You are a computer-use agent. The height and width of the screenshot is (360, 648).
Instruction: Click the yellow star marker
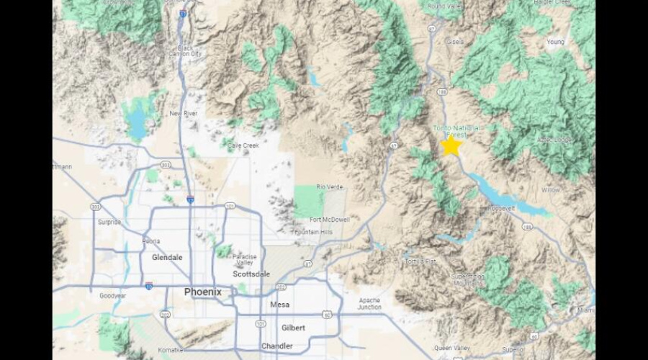(451, 145)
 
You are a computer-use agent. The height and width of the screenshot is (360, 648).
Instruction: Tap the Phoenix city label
(203, 292)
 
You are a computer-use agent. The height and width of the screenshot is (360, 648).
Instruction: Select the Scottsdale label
(251, 274)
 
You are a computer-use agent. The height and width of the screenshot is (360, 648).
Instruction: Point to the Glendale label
(168, 257)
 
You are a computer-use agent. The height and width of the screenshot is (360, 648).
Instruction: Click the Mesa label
(279, 305)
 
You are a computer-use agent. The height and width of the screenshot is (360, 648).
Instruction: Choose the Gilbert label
(294, 328)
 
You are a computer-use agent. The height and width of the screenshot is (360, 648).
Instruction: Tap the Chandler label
(277, 346)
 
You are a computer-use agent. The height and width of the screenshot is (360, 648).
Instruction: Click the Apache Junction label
(370, 303)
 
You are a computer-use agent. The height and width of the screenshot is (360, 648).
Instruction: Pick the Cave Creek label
(243, 145)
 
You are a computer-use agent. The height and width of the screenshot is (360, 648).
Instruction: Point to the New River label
(184, 114)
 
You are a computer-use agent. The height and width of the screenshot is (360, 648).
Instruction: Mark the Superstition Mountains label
(468, 279)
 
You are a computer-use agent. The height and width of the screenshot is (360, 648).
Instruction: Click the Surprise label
(109, 222)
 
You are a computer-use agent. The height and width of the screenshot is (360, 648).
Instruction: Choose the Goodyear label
(112, 295)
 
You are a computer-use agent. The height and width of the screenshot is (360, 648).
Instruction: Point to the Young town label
(555, 42)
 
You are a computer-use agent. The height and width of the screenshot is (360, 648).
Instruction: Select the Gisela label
(455, 42)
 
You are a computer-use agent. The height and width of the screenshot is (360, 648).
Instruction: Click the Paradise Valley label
(245, 260)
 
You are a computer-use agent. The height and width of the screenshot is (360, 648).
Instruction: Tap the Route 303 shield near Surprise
(96, 207)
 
